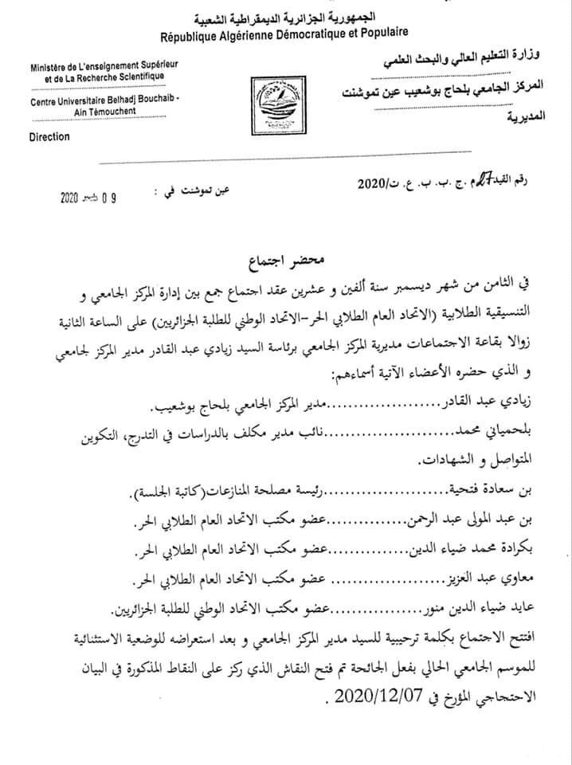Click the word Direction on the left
49,136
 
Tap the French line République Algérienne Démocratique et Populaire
284,34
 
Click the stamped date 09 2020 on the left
92,198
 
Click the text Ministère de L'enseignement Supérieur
98,65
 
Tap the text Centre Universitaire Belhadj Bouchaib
105,100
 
